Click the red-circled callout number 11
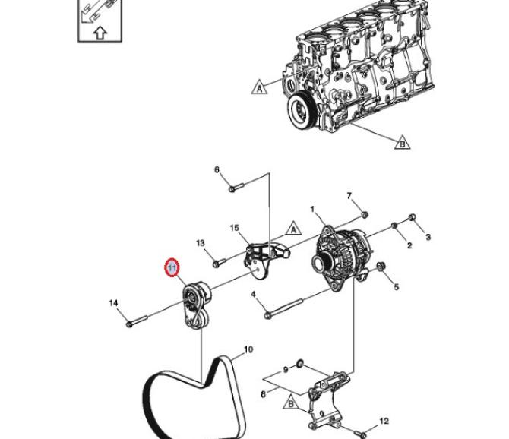point(172,268)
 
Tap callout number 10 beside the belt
point(248,350)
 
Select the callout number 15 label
point(235,228)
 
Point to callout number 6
point(217,169)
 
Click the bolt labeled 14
point(137,321)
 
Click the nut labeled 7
point(365,214)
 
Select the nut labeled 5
point(381,266)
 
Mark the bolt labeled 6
point(236,188)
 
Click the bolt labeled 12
point(359,433)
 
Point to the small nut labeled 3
point(412,216)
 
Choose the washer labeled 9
point(299,364)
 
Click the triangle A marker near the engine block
point(259,87)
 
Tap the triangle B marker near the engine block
point(402,143)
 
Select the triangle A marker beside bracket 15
point(293,229)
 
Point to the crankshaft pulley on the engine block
point(301,112)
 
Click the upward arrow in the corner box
point(100,33)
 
